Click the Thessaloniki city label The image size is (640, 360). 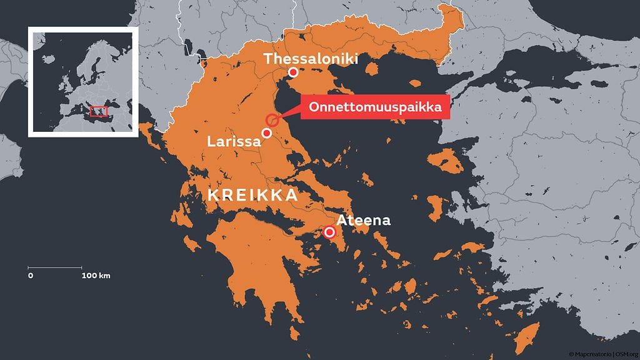[x=311, y=59]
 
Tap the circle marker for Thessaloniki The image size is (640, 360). [x=292, y=73]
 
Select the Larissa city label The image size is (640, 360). [x=234, y=141]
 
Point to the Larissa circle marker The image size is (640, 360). [x=267, y=133]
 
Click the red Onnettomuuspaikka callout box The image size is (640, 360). [x=375, y=107]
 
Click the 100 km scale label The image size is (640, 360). [x=96, y=276]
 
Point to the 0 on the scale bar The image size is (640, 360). [x=30, y=276]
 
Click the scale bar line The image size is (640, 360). [x=55, y=268]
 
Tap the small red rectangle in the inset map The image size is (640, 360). [x=98, y=111]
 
